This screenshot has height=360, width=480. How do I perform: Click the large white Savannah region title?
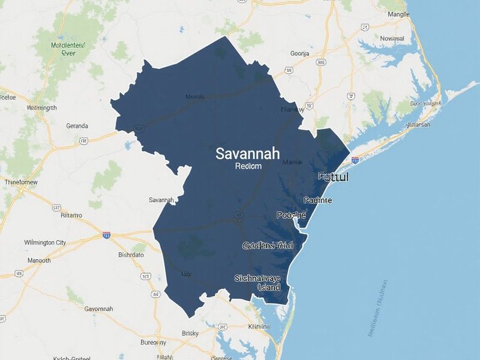coord(247,154)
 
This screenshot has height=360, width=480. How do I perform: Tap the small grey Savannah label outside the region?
coord(161,200)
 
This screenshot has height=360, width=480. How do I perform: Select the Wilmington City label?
coord(45,242)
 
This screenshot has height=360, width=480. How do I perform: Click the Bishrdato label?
coord(131,254)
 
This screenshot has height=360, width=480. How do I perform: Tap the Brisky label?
coord(190,333)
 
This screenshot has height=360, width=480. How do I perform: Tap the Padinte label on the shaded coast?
coord(318,200)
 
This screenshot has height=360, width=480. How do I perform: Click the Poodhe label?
coord(291,215)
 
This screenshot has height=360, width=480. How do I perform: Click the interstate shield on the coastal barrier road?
coord(355,160)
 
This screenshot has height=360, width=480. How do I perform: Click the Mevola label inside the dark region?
coord(195,97)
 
